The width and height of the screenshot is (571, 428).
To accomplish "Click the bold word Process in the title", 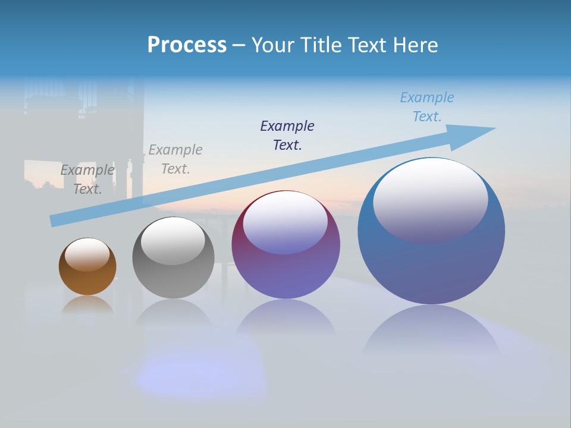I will [187, 45].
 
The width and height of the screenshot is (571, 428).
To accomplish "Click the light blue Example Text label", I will [426, 107].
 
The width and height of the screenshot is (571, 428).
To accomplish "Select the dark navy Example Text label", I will [287, 135].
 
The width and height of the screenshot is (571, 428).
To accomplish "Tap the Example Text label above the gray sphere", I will [175, 159].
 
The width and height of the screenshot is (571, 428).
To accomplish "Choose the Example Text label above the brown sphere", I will [87, 179].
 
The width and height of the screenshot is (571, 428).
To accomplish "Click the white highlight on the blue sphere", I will [430, 199].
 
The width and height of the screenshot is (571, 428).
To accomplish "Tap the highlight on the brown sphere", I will [87, 254].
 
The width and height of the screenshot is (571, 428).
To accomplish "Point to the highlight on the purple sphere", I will [285, 223].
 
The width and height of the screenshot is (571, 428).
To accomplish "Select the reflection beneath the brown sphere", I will [87, 306].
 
